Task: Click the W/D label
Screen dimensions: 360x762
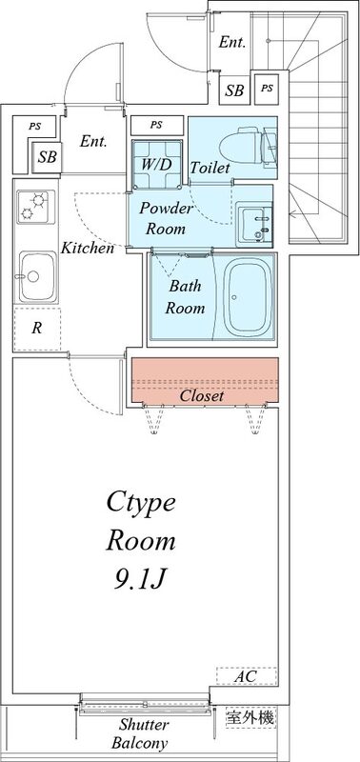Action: pyautogui.click(x=156, y=164)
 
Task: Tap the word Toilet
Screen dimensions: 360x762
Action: pyautogui.click(x=210, y=169)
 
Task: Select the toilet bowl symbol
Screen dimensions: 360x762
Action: pyautogui.click(x=247, y=145)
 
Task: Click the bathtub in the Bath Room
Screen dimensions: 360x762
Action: pyautogui.click(x=250, y=297)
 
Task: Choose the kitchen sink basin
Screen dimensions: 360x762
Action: pyautogui.click(x=37, y=277)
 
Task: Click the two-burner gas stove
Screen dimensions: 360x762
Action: pyautogui.click(x=36, y=207)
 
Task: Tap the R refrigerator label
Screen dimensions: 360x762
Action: pyautogui.click(x=36, y=329)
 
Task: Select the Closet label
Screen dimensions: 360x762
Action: pyautogui.click(x=202, y=396)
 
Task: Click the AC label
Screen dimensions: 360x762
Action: pyautogui.click(x=247, y=676)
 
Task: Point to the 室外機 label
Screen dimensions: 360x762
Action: pyautogui.click(x=250, y=717)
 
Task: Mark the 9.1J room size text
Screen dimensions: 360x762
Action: pyautogui.click(x=141, y=579)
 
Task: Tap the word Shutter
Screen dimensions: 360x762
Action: pyautogui.click(x=145, y=726)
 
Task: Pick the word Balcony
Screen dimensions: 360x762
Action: pyautogui.click(x=139, y=744)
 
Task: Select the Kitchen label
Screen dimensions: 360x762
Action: pyautogui.click(x=88, y=249)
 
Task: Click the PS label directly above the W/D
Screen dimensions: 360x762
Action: pyautogui.click(x=155, y=125)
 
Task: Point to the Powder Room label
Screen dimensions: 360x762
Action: pyautogui.click(x=166, y=219)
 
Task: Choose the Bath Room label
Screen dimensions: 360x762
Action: pyautogui.click(x=185, y=296)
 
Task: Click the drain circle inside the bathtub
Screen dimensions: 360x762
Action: pyautogui.click(x=234, y=297)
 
